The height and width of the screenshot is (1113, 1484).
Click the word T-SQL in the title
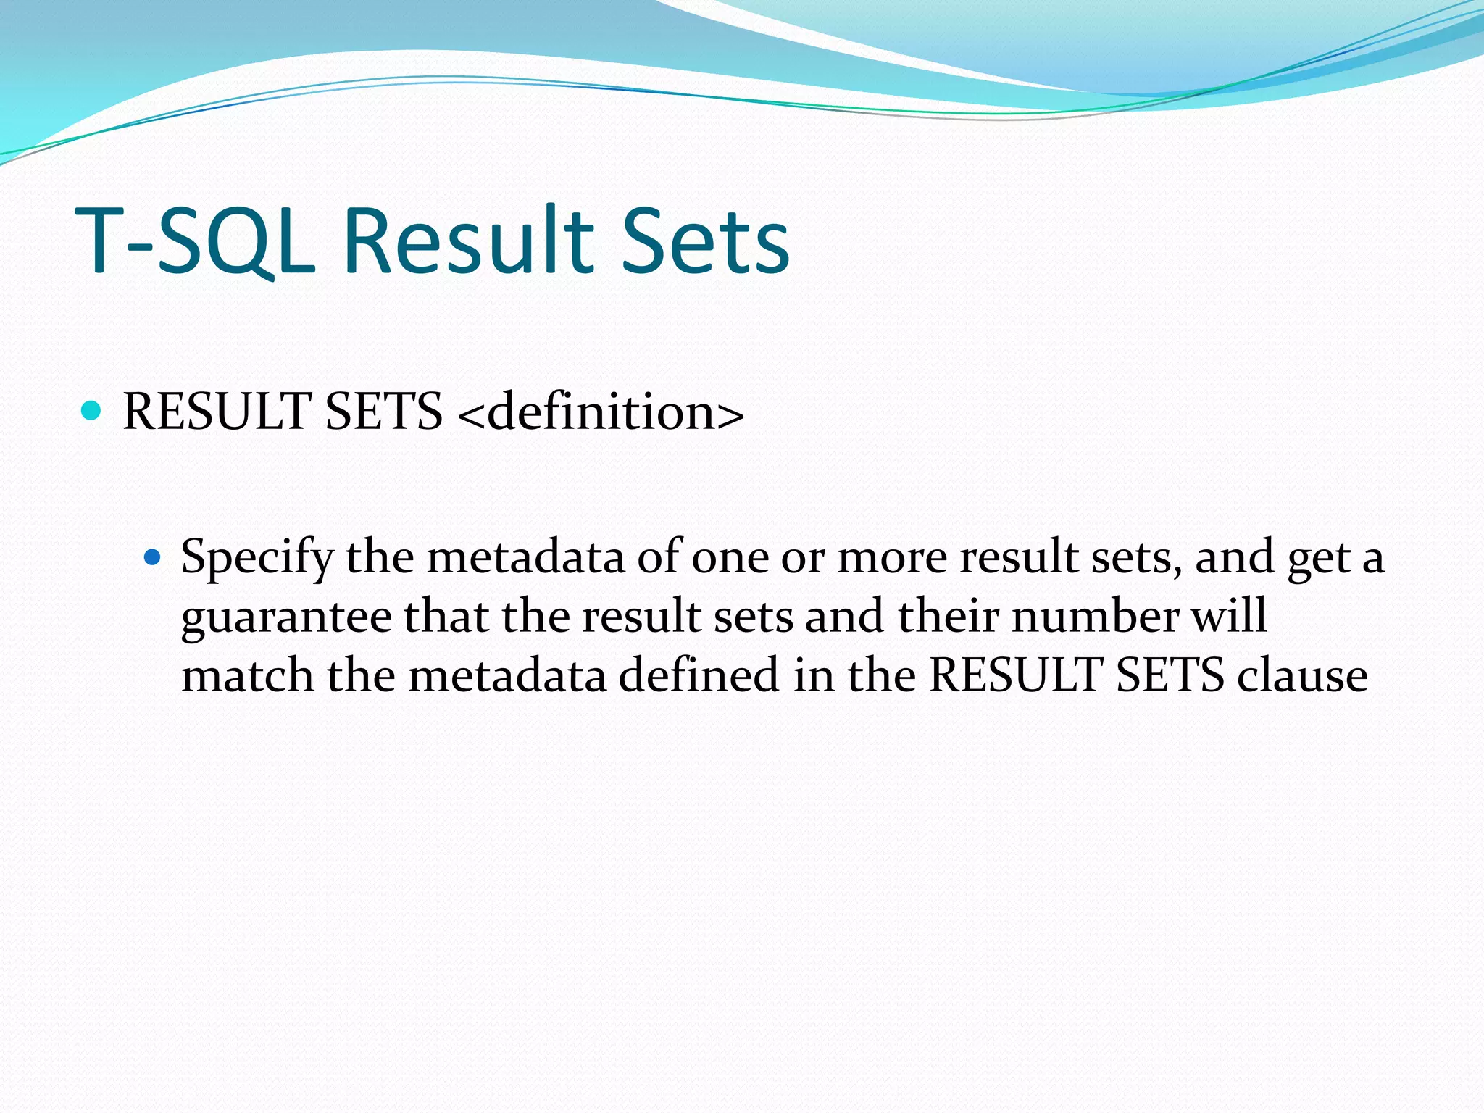[x=196, y=241]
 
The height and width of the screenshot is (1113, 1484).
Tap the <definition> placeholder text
[x=601, y=412]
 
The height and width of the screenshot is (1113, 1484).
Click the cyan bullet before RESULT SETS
[x=91, y=411]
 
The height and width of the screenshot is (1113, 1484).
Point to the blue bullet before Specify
[x=151, y=557]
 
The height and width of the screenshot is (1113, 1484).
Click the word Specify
[x=257, y=558]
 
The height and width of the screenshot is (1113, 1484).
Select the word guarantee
[x=286, y=617]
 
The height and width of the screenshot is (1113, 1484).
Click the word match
[x=247, y=675]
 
